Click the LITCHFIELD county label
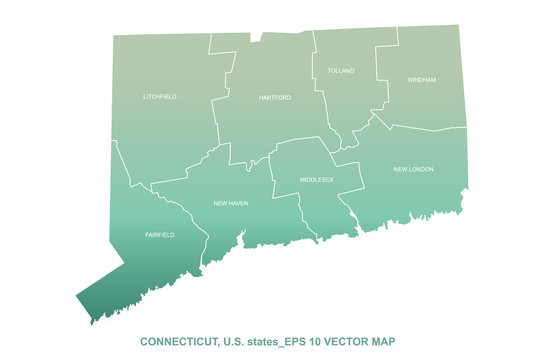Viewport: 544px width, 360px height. coord(159,97)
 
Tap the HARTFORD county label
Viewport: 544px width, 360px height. coord(274,98)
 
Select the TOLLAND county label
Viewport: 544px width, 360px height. coord(341,71)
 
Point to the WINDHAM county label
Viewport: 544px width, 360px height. coord(421,79)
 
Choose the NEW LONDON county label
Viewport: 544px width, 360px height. coord(413,169)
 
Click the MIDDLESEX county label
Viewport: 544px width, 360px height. coord(316,179)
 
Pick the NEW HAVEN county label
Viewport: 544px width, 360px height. coord(231,203)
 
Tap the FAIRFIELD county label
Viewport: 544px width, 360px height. coord(159,235)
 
